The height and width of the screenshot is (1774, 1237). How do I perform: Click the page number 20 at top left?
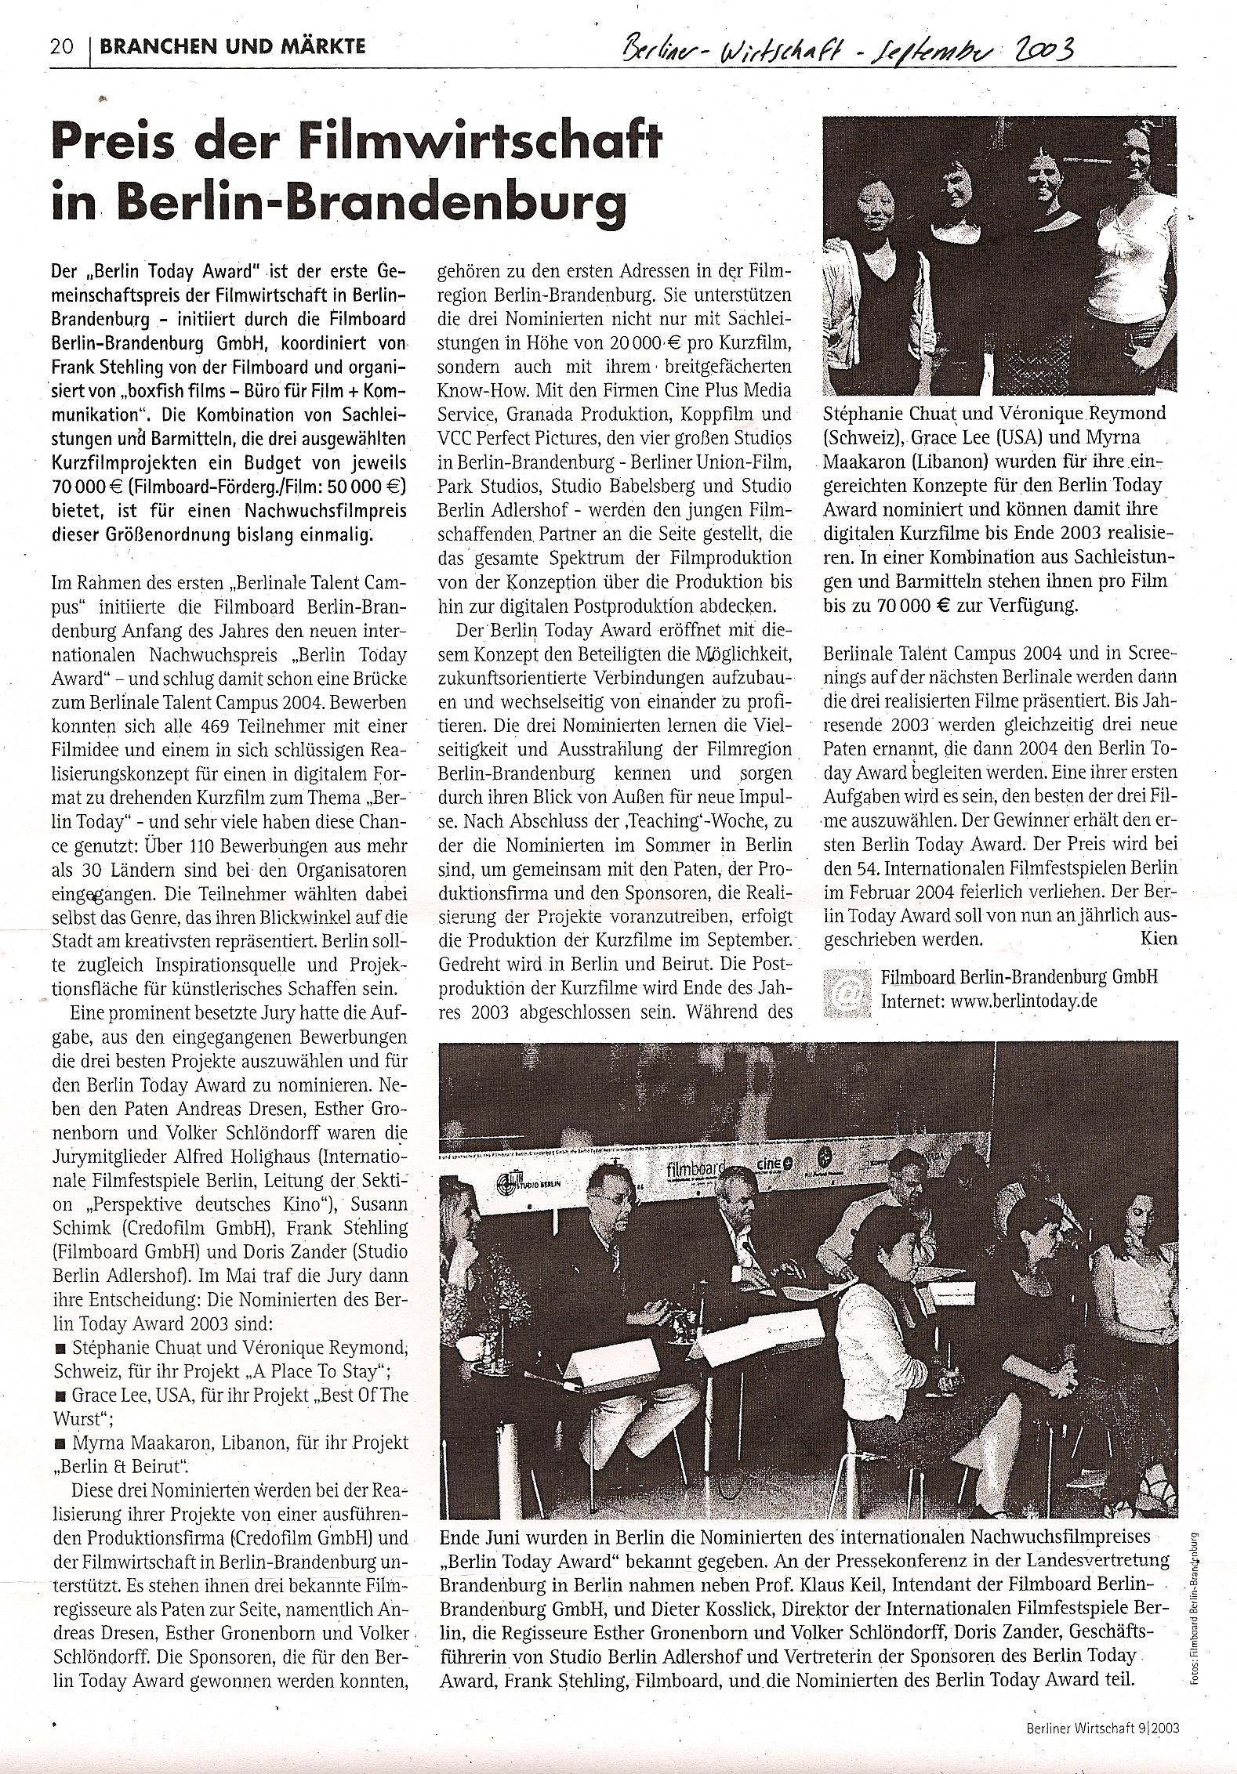point(61,46)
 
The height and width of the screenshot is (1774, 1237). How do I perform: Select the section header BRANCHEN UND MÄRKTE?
point(233,46)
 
